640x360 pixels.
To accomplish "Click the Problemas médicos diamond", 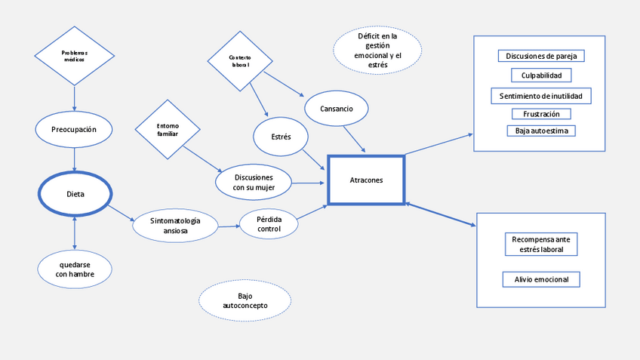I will (74, 55).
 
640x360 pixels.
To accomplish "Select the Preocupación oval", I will (74, 129).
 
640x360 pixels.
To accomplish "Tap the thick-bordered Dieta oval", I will (75, 194).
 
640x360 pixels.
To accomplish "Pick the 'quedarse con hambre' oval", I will (75, 269).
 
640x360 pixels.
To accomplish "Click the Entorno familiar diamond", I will (168, 130).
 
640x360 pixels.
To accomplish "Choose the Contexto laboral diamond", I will (240, 60).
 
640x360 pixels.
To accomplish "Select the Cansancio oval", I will (336, 109).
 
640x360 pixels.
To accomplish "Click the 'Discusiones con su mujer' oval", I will (254, 182).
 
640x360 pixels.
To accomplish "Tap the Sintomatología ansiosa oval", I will (175, 225).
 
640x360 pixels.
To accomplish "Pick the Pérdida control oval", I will (269, 223).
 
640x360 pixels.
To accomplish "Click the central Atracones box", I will (366, 180).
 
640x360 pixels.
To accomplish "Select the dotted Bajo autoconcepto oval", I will (245, 300).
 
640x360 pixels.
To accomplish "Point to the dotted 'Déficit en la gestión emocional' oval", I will (377, 51).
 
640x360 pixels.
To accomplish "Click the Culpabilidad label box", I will (541, 75).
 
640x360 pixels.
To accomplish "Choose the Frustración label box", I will (541, 114).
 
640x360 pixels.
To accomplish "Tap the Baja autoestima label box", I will (541, 131).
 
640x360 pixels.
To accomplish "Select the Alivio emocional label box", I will (541, 279).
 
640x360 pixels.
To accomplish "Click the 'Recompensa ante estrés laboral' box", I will (541, 245).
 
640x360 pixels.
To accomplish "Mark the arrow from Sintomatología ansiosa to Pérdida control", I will (229, 225).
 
